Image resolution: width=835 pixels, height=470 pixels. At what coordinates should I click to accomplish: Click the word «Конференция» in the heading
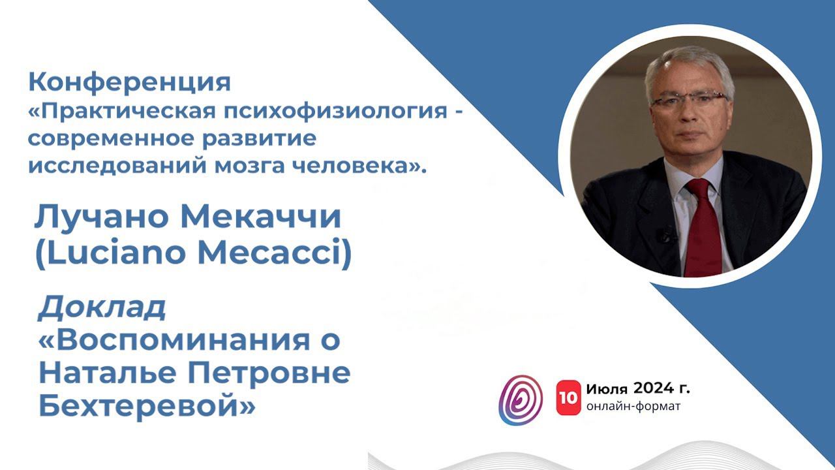129,83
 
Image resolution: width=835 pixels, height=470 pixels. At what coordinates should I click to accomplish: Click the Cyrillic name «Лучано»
100,217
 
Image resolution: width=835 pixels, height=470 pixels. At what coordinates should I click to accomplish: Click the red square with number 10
568,398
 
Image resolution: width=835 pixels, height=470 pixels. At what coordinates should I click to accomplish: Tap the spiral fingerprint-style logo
521,399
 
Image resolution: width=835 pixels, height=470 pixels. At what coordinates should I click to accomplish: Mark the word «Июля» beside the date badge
607,389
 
